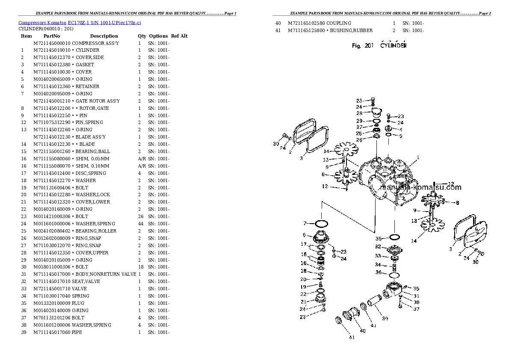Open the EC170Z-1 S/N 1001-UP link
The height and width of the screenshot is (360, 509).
tap(104, 23)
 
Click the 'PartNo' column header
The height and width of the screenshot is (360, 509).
tap(52, 36)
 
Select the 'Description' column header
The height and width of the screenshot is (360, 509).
tap(104, 36)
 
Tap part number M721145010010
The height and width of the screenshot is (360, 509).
tap(52, 50)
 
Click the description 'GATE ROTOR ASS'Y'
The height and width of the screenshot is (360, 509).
tap(98, 101)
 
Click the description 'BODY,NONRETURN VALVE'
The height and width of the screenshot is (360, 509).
tap(106, 274)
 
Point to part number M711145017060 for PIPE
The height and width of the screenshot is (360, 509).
tap(52, 332)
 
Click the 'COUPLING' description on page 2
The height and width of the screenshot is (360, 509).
tap(339, 24)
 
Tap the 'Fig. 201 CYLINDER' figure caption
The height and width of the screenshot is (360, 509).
tap(379, 45)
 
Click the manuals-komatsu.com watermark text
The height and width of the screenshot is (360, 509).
tap(420, 187)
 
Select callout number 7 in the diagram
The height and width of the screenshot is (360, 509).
tap(305, 223)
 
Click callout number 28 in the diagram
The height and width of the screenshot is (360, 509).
tap(359, 113)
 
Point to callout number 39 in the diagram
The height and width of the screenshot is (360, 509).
tap(385, 319)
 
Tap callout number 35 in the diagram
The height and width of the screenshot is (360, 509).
tap(416, 288)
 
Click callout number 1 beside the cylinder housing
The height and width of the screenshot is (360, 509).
tap(418, 157)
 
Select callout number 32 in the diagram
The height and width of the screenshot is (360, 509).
tap(378, 247)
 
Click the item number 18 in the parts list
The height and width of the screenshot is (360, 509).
tap(24, 180)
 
